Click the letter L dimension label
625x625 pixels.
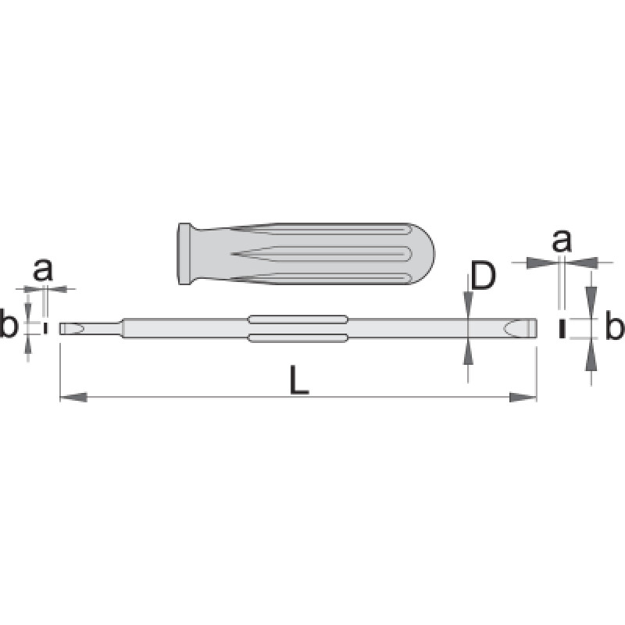tap(299, 380)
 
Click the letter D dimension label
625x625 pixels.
tap(483, 276)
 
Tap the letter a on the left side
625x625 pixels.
tap(43, 270)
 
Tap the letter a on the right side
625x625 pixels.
tap(562, 241)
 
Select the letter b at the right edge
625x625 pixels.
tap(614, 325)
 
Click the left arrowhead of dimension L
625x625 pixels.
tap(73, 397)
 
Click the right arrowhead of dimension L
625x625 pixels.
tap(523, 397)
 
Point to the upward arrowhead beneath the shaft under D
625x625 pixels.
tap(468, 351)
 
